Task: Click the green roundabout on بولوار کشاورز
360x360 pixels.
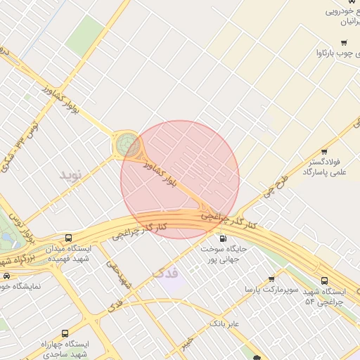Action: tap(128, 144)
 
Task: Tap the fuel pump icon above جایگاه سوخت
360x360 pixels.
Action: tap(224, 238)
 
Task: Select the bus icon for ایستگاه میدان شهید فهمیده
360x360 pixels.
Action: tap(68, 238)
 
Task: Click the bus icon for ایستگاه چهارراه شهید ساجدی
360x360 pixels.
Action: tap(65, 333)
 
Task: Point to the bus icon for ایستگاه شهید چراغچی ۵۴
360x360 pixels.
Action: tap(323, 281)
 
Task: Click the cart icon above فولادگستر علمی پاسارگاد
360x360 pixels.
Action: tap(324, 151)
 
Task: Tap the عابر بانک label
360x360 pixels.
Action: tap(225, 323)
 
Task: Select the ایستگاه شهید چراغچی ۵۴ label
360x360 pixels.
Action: tap(324, 296)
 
